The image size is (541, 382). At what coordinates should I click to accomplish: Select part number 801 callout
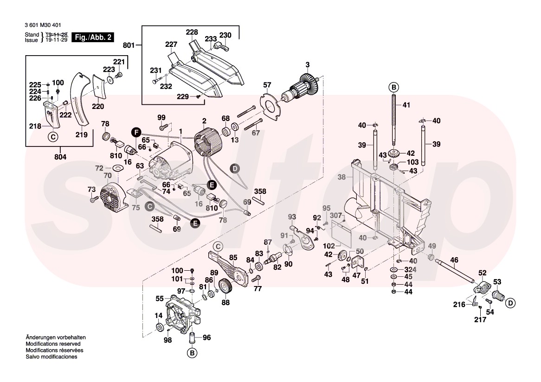129,45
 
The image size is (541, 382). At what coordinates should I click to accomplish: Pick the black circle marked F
135,132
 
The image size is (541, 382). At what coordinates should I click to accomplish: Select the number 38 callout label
341,177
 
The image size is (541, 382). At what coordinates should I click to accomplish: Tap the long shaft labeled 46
455,271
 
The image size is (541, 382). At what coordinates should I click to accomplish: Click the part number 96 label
206,337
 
